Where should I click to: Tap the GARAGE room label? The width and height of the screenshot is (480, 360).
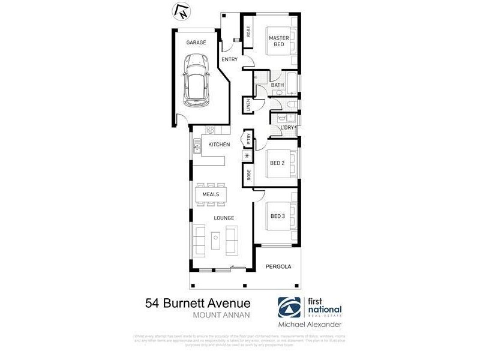pyautogui.click(x=196, y=43)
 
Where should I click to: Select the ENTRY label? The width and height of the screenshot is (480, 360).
pyautogui.click(x=230, y=59)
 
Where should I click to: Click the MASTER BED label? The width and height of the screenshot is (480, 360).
pyautogui.click(x=279, y=41)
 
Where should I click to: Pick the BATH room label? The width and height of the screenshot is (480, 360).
pyautogui.click(x=277, y=85)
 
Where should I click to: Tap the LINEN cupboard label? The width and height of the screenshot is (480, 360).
pyautogui.click(x=248, y=106)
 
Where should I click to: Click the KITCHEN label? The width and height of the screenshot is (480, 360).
pyautogui.click(x=219, y=145)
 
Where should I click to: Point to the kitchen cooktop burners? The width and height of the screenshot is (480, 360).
pyautogui.click(x=211, y=130)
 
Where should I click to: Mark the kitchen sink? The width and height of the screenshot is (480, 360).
pyautogui.click(x=196, y=145)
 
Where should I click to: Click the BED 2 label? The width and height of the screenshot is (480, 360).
pyautogui.click(x=277, y=163)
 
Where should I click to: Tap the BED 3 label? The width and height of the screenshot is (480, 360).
pyautogui.click(x=277, y=216)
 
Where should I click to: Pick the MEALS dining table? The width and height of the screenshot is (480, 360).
pyautogui.click(x=210, y=194)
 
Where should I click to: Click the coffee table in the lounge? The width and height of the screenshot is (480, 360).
pyautogui.click(x=215, y=239)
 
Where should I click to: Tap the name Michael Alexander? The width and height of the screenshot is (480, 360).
pyautogui.click(x=310, y=325)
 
